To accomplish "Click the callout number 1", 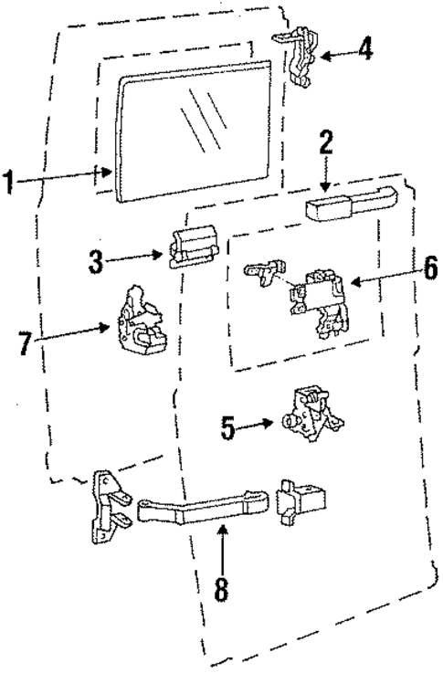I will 10,181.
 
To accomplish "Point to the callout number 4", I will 364,48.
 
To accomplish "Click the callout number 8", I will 220,584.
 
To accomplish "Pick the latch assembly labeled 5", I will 313,414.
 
